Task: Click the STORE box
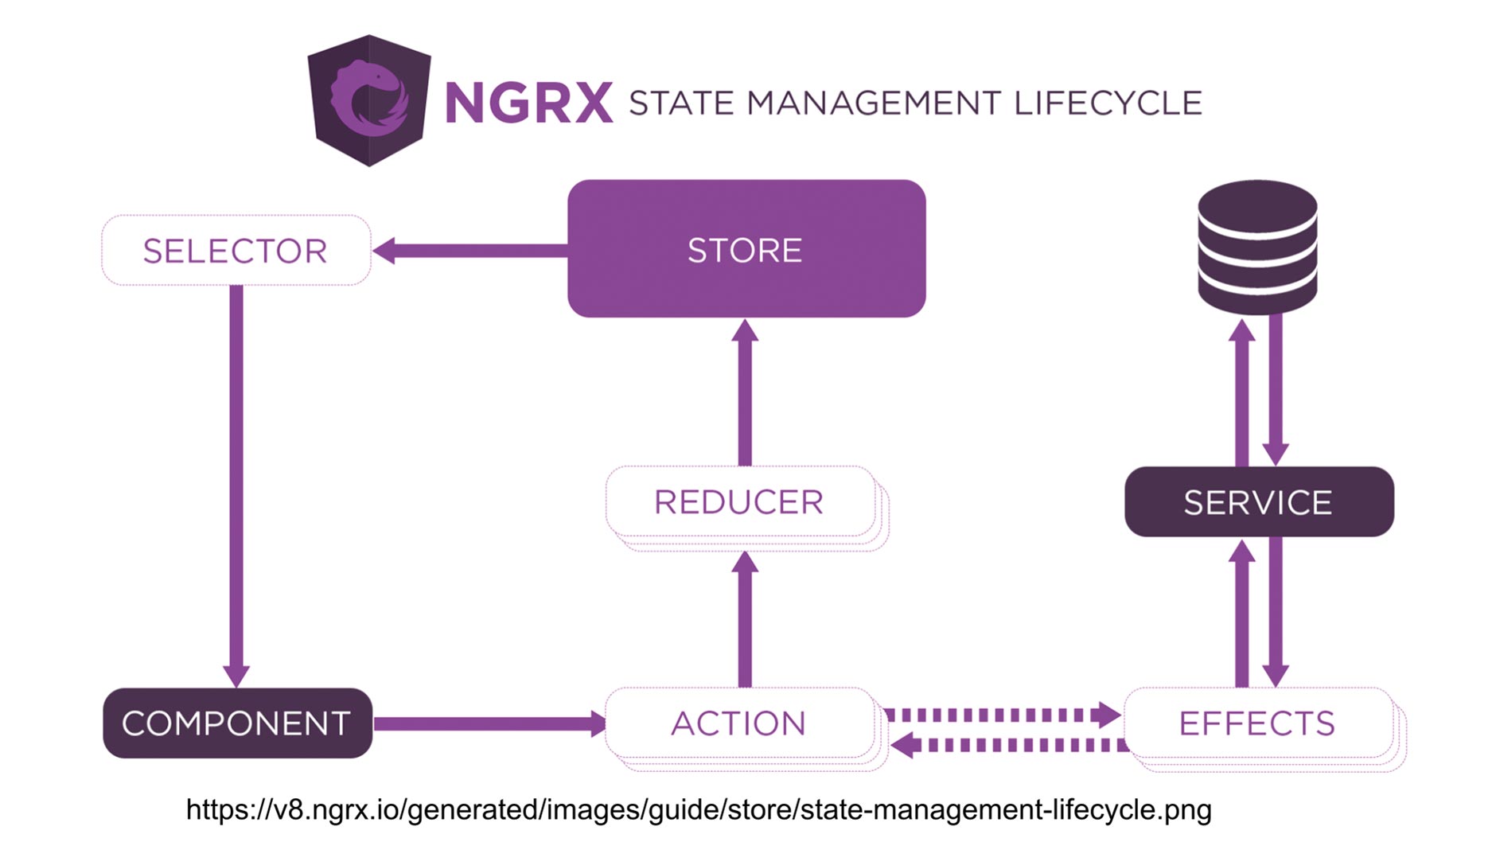746,248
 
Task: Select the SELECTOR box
236,250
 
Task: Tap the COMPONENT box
237,723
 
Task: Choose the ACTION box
739,723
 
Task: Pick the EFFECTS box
1257,723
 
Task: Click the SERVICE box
1258,501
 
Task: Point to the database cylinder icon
1257,247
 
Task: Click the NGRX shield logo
369,100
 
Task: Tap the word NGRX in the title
528,103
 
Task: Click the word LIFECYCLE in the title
1108,103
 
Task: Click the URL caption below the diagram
699,809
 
